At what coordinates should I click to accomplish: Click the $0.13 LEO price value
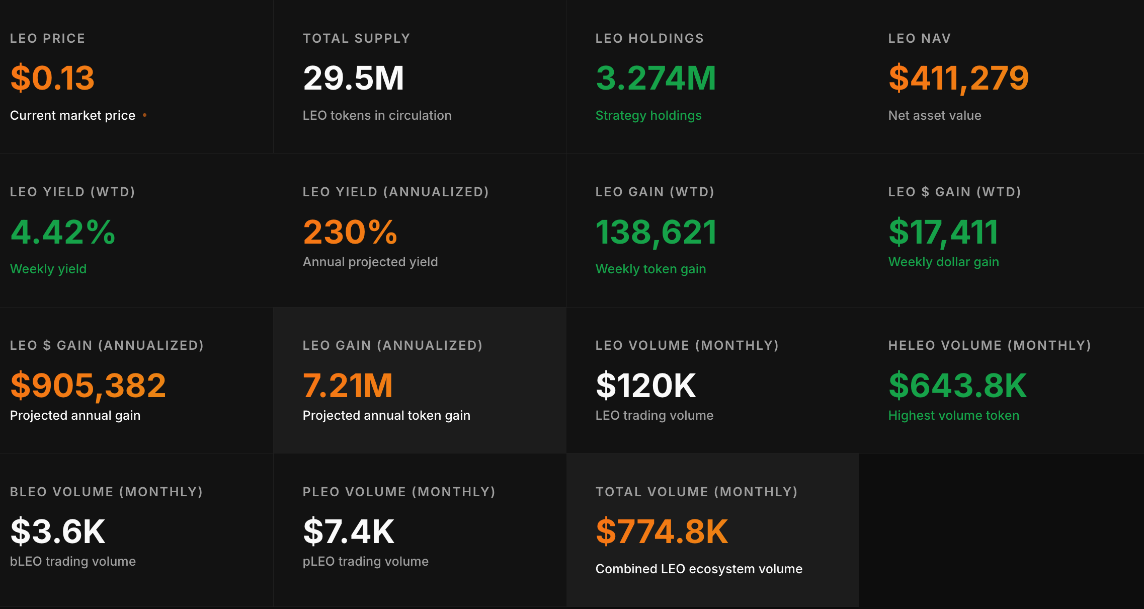[52, 78]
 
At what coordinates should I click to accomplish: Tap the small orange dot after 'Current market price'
[144, 115]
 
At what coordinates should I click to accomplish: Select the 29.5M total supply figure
[353, 78]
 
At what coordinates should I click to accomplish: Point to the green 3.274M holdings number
[656, 78]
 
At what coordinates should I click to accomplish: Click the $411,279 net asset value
[958, 78]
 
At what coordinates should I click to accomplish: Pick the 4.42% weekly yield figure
[63, 232]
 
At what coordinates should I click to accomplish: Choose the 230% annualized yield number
[350, 232]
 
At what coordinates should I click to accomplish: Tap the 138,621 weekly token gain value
[656, 232]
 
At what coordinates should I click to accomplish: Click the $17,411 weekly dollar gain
[943, 232]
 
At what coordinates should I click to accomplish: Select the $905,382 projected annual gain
[88, 386]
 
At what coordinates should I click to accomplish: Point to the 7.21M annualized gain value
[348, 386]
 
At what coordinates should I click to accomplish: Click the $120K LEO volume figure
[646, 386]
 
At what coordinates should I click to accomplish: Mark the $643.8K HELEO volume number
[957, 386]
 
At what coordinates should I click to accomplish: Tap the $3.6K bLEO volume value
[58, 531]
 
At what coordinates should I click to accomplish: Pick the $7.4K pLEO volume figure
[349, 531]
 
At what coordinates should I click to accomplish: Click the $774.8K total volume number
[662, 531]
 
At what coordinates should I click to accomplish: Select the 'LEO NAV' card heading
[919, 38]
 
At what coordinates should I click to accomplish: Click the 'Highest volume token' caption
[953, 415]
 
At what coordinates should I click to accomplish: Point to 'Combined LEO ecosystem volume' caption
[699, 569]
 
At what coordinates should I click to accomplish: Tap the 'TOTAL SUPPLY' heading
[356, 38]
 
